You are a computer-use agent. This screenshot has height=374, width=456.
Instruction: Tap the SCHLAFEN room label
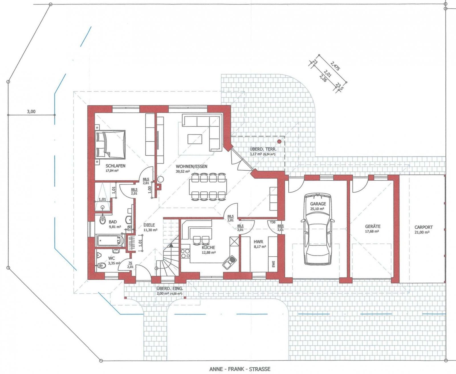115,166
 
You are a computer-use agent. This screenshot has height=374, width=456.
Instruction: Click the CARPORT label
423,227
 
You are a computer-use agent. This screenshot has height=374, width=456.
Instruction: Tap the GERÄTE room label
372,226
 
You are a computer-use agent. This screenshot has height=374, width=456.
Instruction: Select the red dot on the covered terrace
279,141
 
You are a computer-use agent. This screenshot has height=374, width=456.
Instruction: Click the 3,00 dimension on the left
31,112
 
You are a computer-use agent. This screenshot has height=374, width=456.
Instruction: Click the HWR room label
258,242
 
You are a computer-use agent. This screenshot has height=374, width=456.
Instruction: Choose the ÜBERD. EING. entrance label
170,288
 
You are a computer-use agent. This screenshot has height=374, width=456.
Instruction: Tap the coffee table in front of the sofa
195,140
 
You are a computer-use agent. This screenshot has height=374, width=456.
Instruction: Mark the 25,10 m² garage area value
317,209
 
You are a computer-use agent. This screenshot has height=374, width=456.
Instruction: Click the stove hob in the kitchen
185,253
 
